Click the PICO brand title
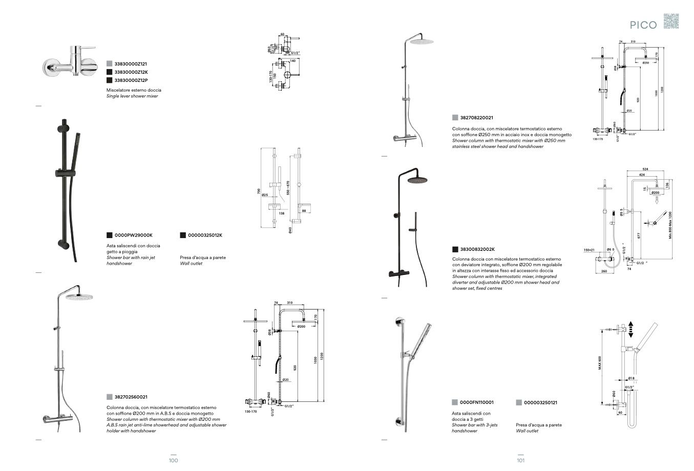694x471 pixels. pos(643,25)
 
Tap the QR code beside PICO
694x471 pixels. pos(671,22)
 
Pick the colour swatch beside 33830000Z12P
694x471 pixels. pos(109,80)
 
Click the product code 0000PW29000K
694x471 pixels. pos(133,235)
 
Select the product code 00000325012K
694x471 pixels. pos(205,235)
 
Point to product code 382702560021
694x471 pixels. pos(131,397)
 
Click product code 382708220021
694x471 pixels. pos(477,118)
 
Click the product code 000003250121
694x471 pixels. pos(540,402)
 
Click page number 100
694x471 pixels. pos(173,460)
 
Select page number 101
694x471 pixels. pos(520,460)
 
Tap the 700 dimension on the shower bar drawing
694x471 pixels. pos(259,191)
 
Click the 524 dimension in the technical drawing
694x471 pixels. pos(645,169)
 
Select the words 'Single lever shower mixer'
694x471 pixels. pos(132,96)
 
